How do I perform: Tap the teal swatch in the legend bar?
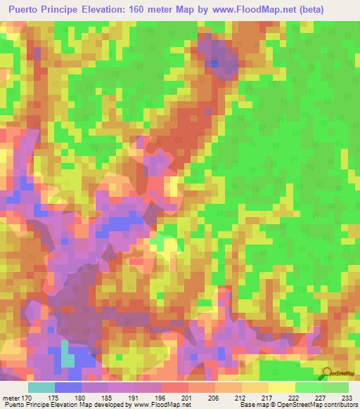tap(41, 387)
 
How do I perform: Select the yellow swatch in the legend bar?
tap(282, 387)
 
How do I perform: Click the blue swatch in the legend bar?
tap(68, 387)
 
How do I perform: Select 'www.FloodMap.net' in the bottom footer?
tap(162, 405)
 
